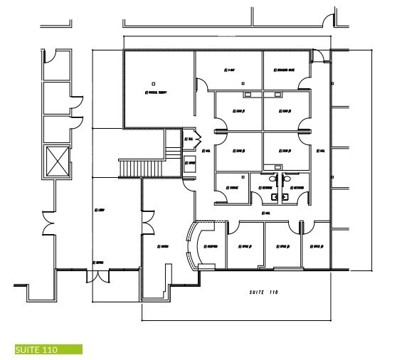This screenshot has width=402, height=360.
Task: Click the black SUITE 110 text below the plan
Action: click(x=263, y=292)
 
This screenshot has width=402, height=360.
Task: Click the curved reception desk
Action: click(x=190, y=245)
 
